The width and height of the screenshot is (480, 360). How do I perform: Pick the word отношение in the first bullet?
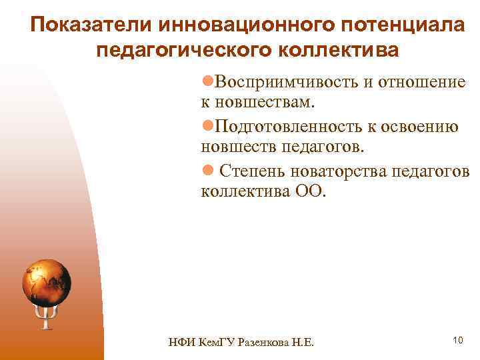421,82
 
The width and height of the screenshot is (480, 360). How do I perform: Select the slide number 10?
457,341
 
